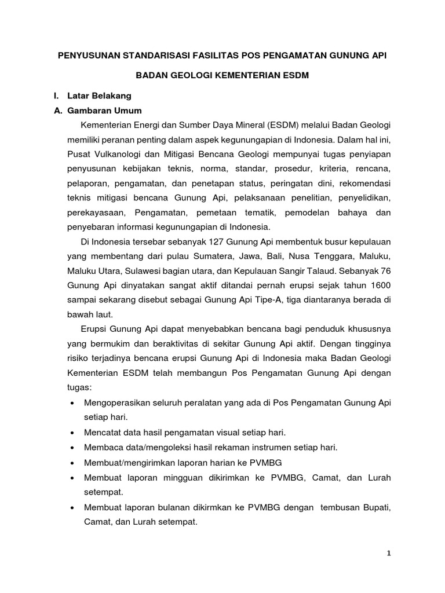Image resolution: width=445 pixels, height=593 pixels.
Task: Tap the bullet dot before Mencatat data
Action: point(71,433)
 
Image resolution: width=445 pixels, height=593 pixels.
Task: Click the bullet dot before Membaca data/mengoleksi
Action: point(71,448)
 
